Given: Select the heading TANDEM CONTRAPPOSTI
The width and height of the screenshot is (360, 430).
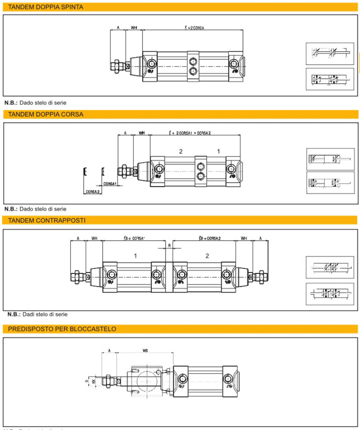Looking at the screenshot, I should coord(47,220).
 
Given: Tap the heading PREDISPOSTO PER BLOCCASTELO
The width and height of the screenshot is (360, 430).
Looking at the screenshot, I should coord(62,329).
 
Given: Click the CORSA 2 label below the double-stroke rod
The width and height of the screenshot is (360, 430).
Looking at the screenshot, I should coord(93,192).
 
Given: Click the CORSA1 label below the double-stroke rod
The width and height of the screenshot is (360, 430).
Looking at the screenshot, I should coord(110,184).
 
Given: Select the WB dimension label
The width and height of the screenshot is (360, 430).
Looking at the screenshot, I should coord(145,349).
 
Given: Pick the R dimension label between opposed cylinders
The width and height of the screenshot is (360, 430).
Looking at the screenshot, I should coord(169,246).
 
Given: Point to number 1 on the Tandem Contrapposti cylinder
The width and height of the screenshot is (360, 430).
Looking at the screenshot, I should coord(135,256).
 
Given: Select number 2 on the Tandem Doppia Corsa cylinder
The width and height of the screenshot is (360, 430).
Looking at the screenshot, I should coord(180,152).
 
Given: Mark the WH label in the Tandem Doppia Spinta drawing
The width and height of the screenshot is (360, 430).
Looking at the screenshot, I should coord(134,28).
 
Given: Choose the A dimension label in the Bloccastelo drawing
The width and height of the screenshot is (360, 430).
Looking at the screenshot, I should coord(109,349).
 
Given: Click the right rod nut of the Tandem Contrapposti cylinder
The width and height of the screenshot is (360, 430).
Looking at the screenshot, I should coord(261,276).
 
